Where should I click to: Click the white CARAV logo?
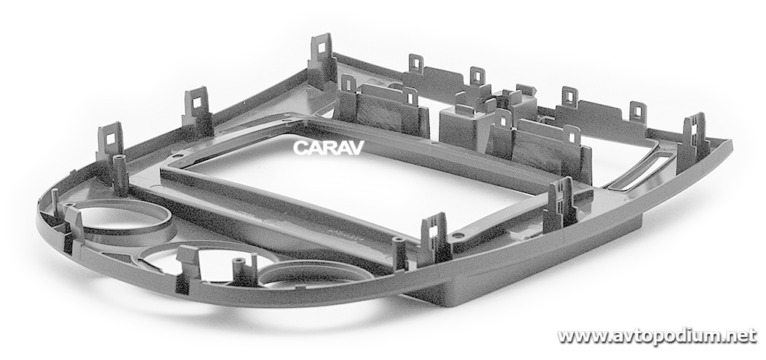[329, 148]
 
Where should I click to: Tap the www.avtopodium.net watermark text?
[657, 336]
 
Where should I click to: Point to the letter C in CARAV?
[300, 148]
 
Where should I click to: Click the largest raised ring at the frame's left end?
[122, 222]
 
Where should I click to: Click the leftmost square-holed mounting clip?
[110, 141]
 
